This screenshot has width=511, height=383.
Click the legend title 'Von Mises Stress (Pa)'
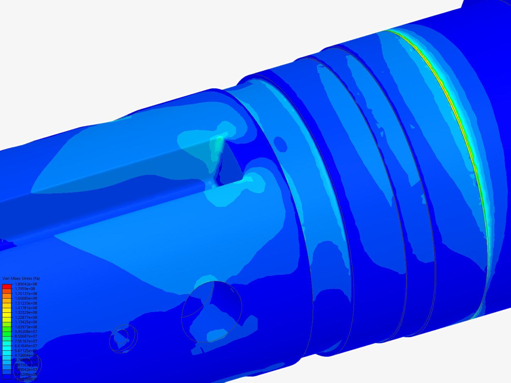click(x=21, y=279)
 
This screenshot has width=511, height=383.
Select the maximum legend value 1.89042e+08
click(x=26, y=284)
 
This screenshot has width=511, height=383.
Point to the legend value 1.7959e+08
click(x=25, y=289)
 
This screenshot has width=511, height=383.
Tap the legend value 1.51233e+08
click(x=26, y=303)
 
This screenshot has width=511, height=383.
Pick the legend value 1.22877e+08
click(x=26, y=317)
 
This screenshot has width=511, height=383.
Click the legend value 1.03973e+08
click(x=26, y=327)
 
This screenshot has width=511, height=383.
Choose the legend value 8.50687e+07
click(x=26, y=336)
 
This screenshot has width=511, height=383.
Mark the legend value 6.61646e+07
click(x=26, y=346)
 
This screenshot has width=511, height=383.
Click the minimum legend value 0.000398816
click(x=26, y=379)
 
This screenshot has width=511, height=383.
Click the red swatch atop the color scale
click(x=7, y=286)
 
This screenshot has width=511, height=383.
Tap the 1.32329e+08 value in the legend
click(x=26, y=312)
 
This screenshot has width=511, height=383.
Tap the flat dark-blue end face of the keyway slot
click(x=231, y=167)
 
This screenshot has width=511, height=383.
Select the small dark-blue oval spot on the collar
click(x=281, y=144)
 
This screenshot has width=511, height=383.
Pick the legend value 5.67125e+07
click(x=26, y=351)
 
